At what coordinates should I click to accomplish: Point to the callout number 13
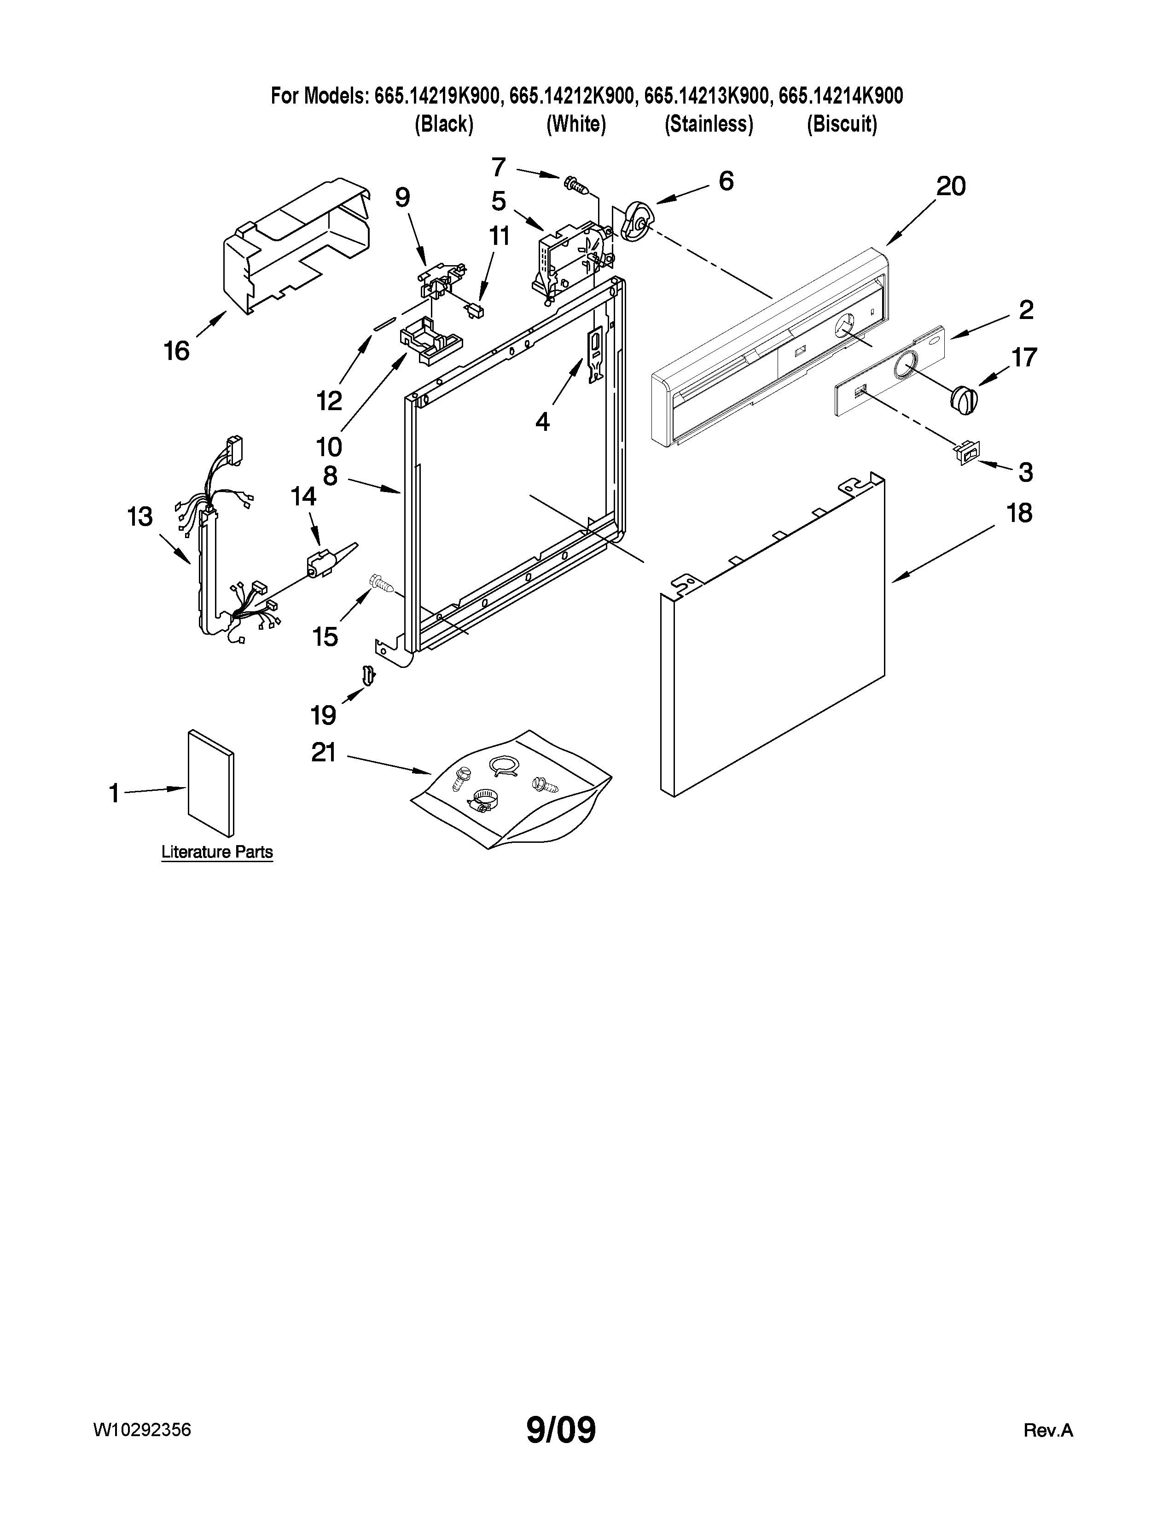tap(140, 517)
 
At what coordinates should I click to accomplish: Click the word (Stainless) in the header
tap(709, 124)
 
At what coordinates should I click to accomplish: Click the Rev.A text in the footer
tap(1048, 1431)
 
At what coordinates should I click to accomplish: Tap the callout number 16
tap(177, 351)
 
